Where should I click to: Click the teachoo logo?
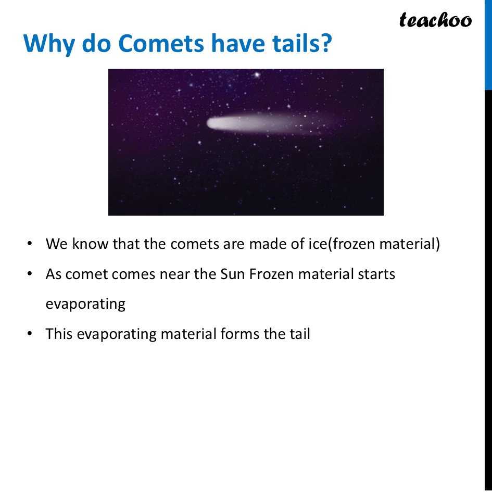click(435, 20)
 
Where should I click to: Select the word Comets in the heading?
click(162, 44)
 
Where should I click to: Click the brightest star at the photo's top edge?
click(256, 75)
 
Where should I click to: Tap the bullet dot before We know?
click(30, 244)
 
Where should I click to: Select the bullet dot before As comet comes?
click(30, 274)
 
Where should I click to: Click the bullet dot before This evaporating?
click(30, 334)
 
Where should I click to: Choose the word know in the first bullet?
click(90, 244)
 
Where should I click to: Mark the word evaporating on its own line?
click(85, 304)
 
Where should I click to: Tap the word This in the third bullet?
click(59, 334)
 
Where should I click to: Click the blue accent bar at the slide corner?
click(488, 44)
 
